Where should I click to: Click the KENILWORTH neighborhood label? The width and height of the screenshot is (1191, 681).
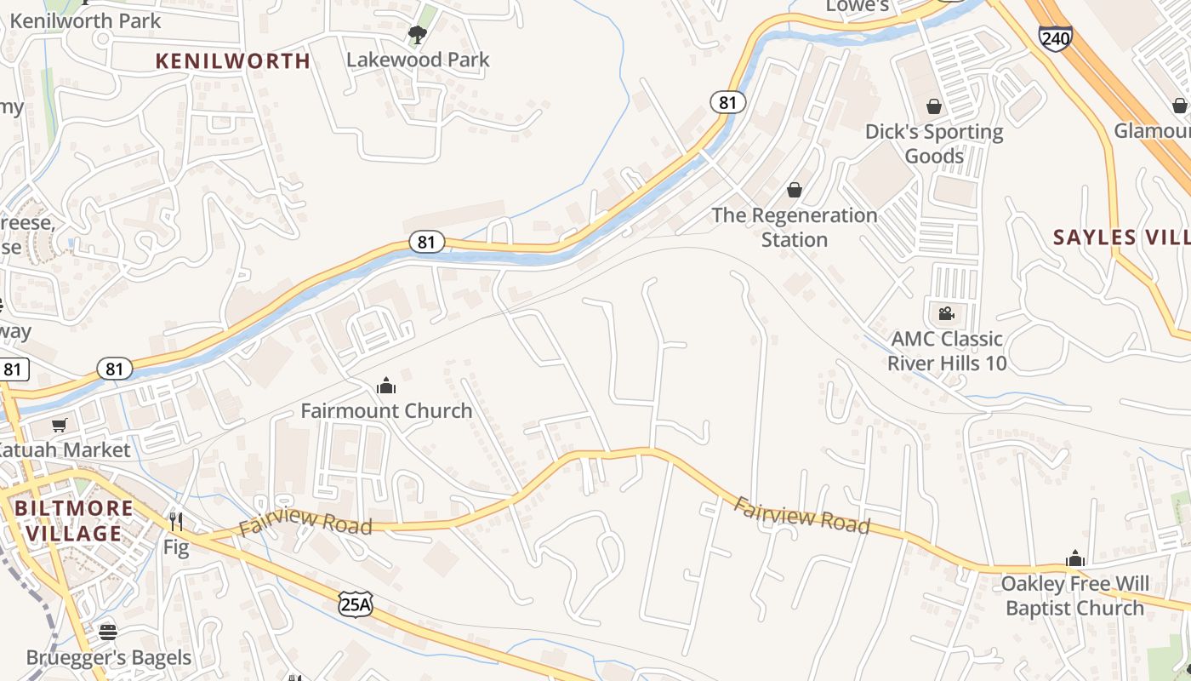tap(233, 60)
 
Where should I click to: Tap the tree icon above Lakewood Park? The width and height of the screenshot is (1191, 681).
tap(417, 34)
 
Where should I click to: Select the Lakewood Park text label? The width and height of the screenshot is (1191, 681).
tap(418, 60)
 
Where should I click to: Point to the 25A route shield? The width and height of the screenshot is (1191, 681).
tap(355, 604)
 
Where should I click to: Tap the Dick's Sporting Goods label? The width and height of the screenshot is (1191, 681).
tap(934, 144)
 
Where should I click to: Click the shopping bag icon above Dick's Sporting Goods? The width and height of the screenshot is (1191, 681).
tap(934, 106)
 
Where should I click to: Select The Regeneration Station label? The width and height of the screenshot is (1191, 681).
tap(794, 227)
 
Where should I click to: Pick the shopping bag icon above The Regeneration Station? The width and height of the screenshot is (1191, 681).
tap(794, 189)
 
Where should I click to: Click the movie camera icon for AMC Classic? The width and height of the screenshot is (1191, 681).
tap(946, 313)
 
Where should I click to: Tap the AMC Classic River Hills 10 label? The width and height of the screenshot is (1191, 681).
tap(946, 351)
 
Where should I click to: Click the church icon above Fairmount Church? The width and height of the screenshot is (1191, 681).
tap(386, 386)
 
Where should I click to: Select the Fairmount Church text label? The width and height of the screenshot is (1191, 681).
tap(386, 410)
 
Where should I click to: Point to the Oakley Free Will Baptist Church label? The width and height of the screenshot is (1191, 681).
tap(1074, 596)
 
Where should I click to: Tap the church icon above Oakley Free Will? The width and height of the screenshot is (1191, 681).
tap(1075, 558)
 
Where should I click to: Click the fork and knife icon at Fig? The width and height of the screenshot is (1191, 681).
tap(176, 521)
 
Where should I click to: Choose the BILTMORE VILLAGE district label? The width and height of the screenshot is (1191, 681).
tap(74, 521)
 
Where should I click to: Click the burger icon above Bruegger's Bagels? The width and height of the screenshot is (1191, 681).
tap(108, 632)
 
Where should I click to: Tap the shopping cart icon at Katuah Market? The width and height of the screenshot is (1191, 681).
tap(59, 425)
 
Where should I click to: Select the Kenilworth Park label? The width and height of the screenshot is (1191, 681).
tap(85, 20)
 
